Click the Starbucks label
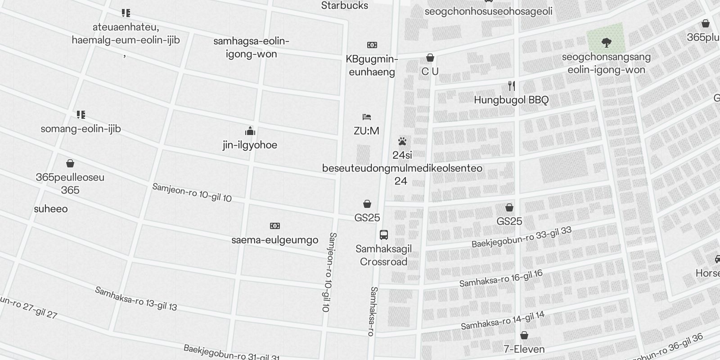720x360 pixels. coord(345,6)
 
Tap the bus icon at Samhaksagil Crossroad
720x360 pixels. coord(384,234)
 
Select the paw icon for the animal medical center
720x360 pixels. coord(402,142)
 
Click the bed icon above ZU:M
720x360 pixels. coord(367,117)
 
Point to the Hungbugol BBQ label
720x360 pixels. coord(511,100)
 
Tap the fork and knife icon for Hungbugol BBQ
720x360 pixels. coord(511,85)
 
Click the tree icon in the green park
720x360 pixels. coord(606,43)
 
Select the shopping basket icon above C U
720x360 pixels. coord(430,58)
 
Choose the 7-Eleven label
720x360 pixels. coord(524,349)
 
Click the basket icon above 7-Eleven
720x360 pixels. coord(524,335)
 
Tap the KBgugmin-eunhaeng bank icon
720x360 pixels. coord(372,45)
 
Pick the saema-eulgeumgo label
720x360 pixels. coord(274,240)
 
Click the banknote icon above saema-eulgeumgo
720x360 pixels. coord(274,225)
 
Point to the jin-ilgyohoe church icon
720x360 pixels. coord(250,131)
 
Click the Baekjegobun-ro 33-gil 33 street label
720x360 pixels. coord(522,237)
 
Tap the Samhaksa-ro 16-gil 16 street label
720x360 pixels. coord(501,279)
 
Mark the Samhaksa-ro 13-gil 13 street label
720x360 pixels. coord(136,299)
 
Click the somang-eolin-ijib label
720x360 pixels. coord(81,129)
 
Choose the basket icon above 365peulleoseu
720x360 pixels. coord(70,163)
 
